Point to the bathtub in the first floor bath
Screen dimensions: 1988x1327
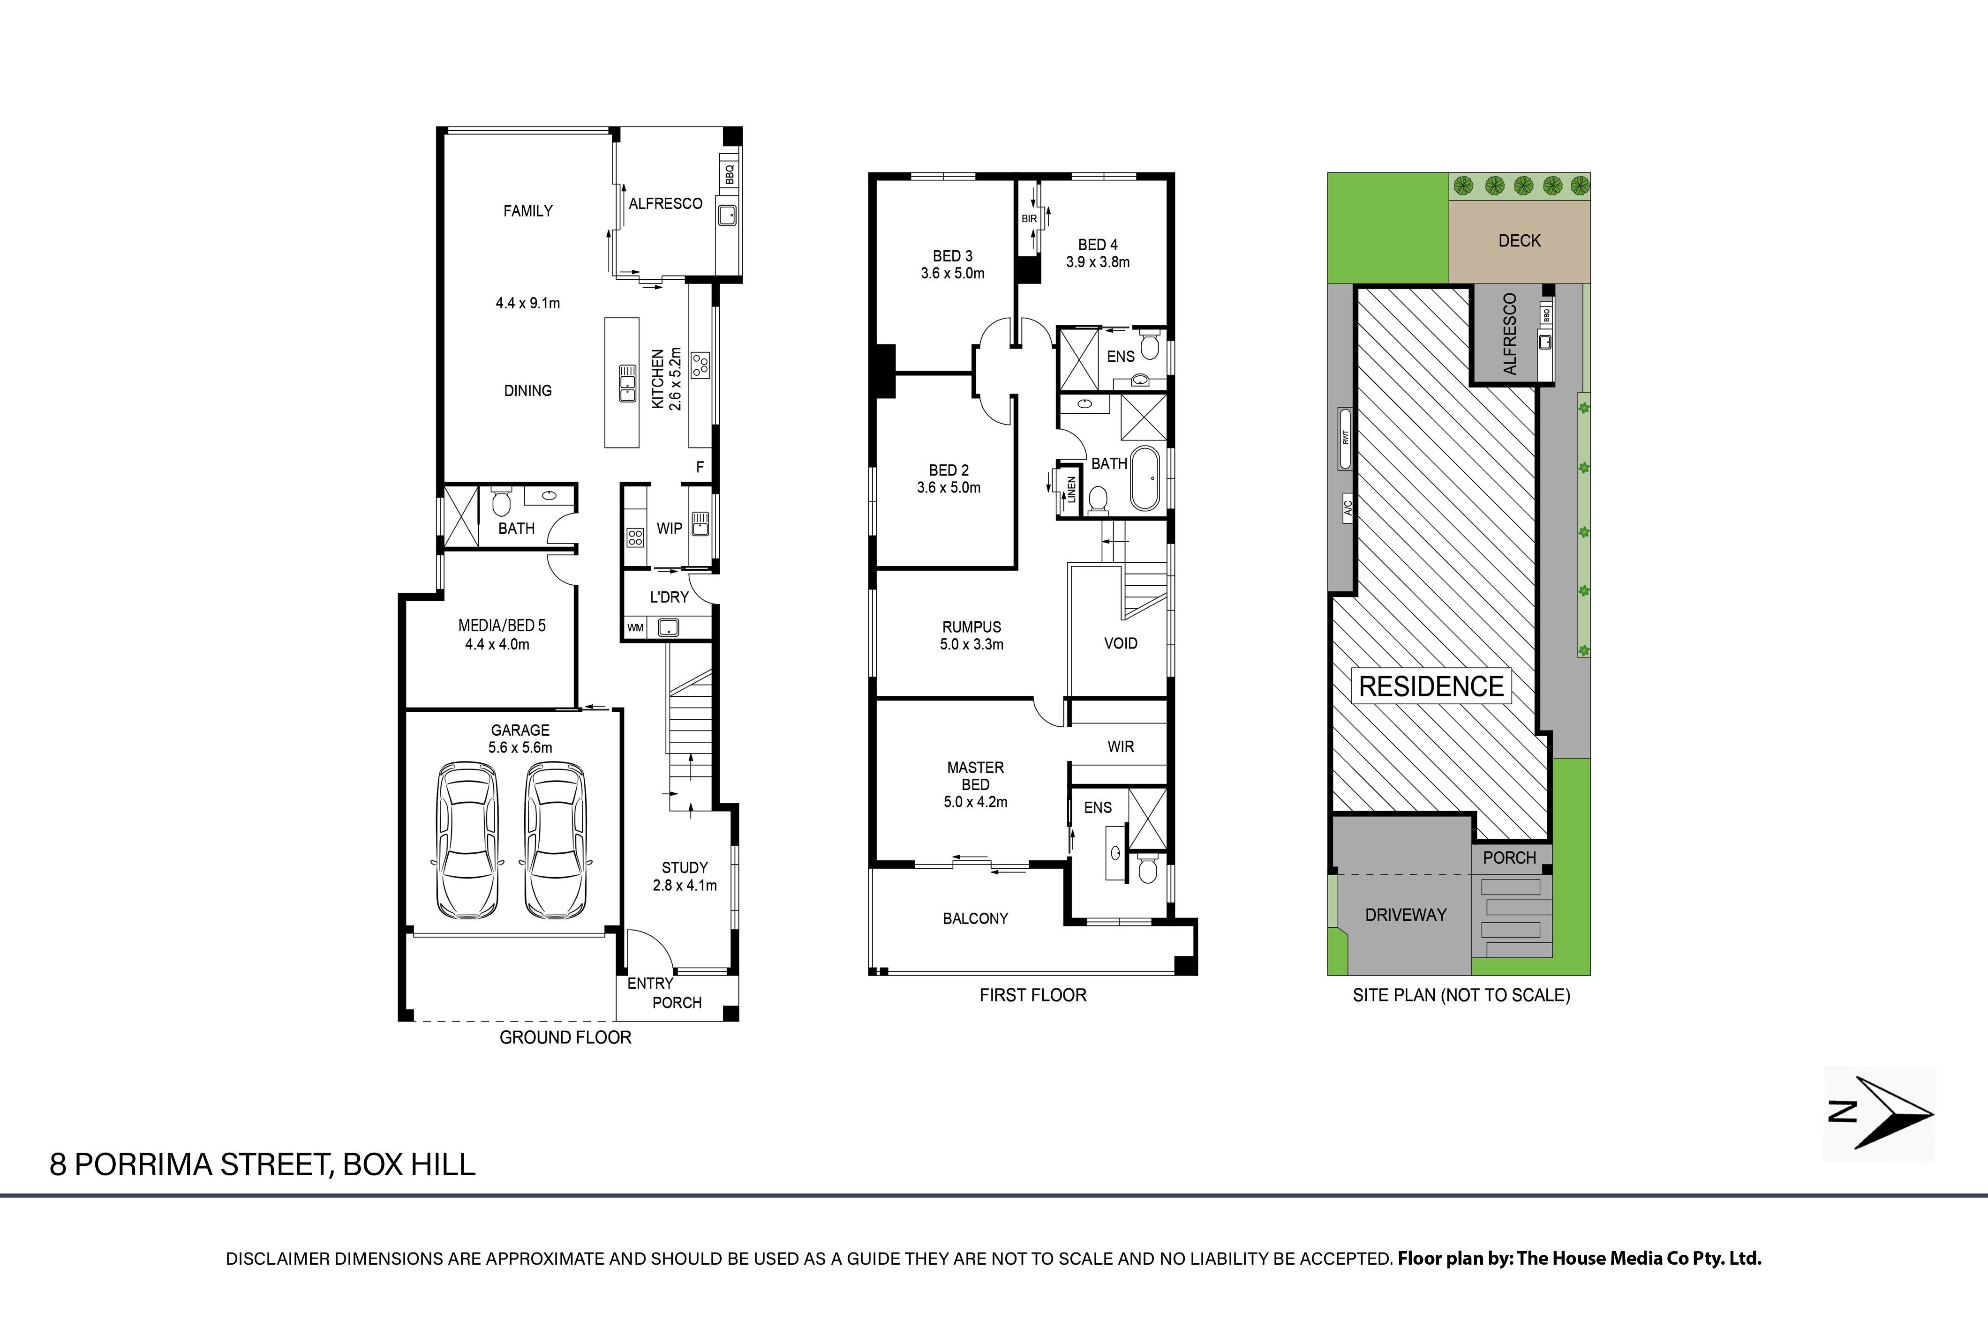pyautogui.click(x=1144, y=477)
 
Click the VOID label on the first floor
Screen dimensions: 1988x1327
pyautogui.click(x=1120, y=643)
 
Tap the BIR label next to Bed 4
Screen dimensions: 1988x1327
pyautogui.click(x=1029, y=218)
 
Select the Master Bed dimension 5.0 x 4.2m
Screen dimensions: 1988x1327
pyautogui.click(x=975, y=801)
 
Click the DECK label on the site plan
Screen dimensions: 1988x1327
pyautogui.click(x=1519, y=240)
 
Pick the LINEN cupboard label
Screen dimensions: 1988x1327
pyautogui.click(x=1071, y=490)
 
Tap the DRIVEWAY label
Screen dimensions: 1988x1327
pyautogui.click(x=1406, y=915)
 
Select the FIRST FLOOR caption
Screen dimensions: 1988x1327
pyautogui.click(x=1033, y=995)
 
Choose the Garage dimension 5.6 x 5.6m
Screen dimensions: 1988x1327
pyautogui.click(x=520, y=747)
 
